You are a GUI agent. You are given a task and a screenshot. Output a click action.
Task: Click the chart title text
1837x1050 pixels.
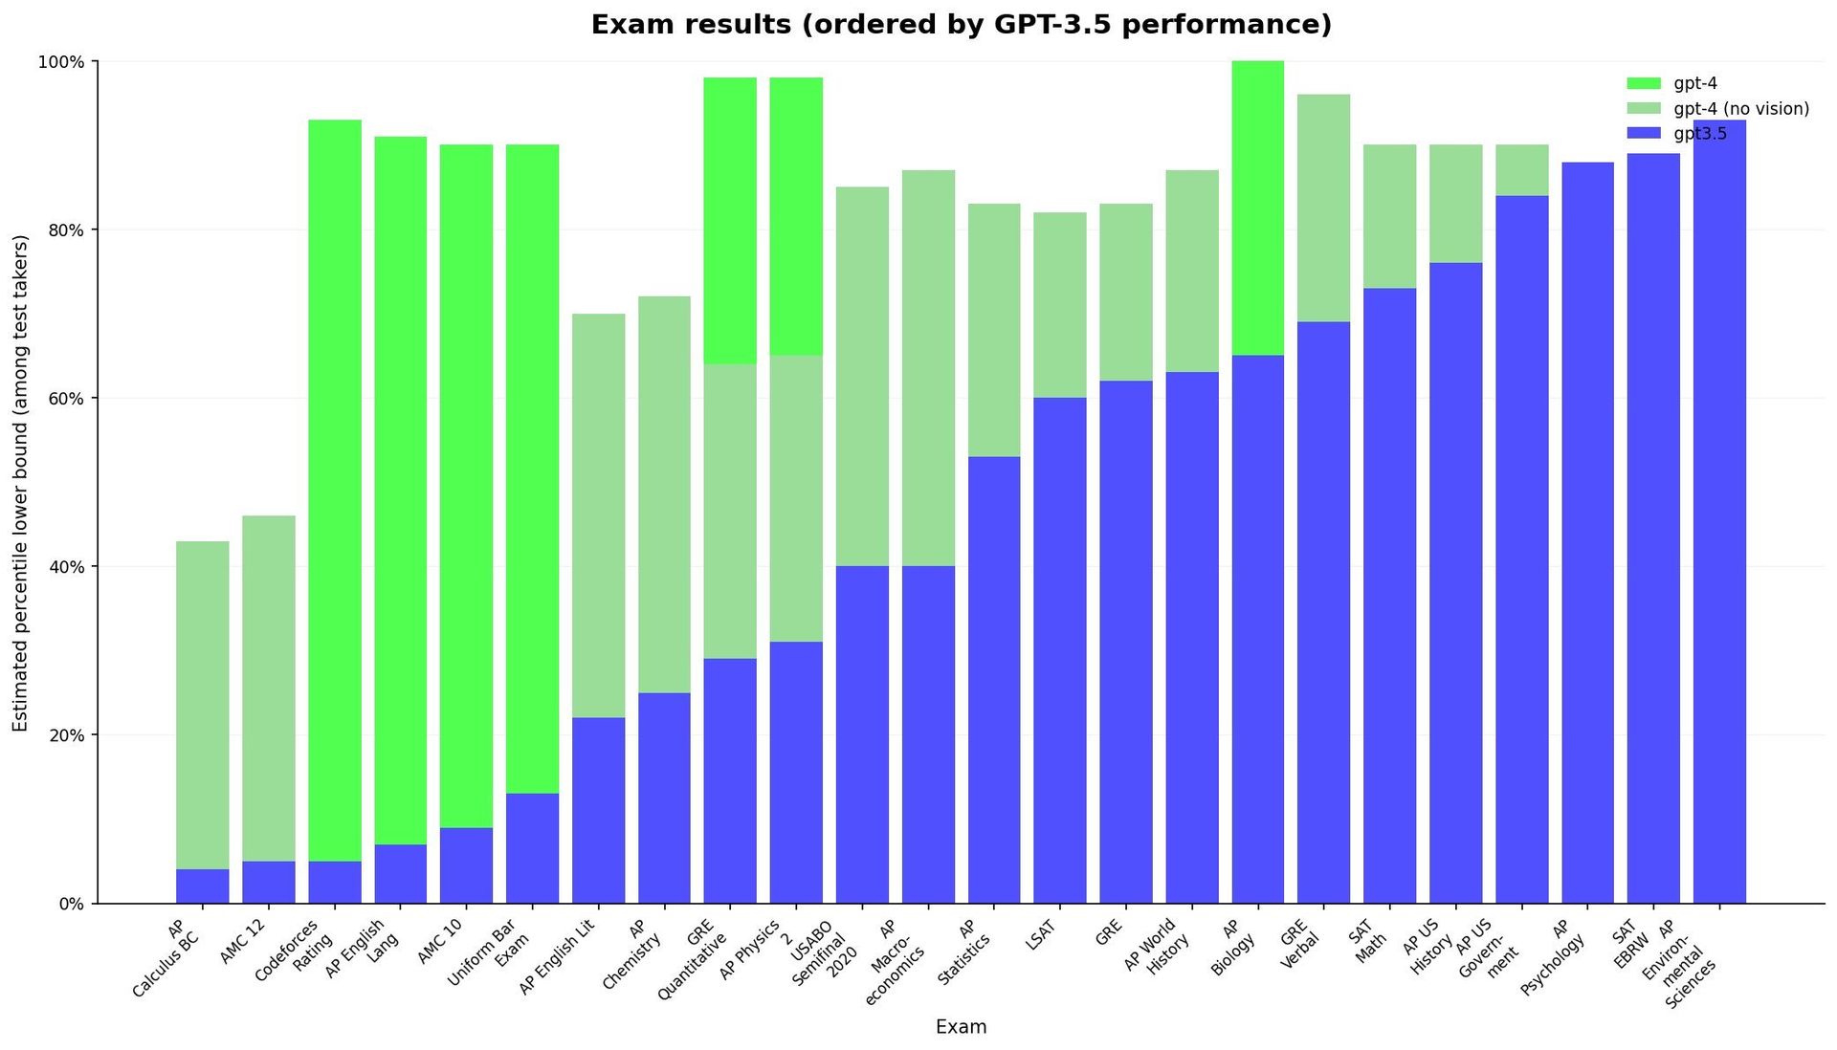[x=961, y=25]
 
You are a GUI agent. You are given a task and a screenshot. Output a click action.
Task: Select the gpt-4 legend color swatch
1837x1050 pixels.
[x=1644, y=84]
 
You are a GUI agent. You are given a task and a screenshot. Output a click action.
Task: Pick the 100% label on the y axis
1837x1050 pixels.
[x=59, y=62]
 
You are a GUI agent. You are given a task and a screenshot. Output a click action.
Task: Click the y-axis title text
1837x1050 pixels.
[x=21, y=483]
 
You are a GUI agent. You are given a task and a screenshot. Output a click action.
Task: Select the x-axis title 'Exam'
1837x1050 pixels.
[x=961, y=1027]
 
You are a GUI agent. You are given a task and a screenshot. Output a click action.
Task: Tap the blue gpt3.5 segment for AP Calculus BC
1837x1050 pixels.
[x=203, y=886]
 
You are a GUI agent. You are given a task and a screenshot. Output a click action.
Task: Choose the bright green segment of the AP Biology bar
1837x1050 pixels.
[x=1257, y=208]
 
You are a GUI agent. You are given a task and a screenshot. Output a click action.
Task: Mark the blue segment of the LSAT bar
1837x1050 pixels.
[x=1060, y=650]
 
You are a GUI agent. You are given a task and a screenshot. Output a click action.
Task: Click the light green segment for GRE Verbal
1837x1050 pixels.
[x=1323, y=208]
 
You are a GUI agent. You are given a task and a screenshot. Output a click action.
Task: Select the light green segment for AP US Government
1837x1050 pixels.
[x=1521, y=170]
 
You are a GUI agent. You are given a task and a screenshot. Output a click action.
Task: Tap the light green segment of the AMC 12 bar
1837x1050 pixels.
[x=269, y=689]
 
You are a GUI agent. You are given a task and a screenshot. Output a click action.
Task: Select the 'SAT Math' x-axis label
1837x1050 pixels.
[x=1365, y=943]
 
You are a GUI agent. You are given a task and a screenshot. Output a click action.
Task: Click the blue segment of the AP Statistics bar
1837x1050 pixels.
[x=994, y=680]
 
